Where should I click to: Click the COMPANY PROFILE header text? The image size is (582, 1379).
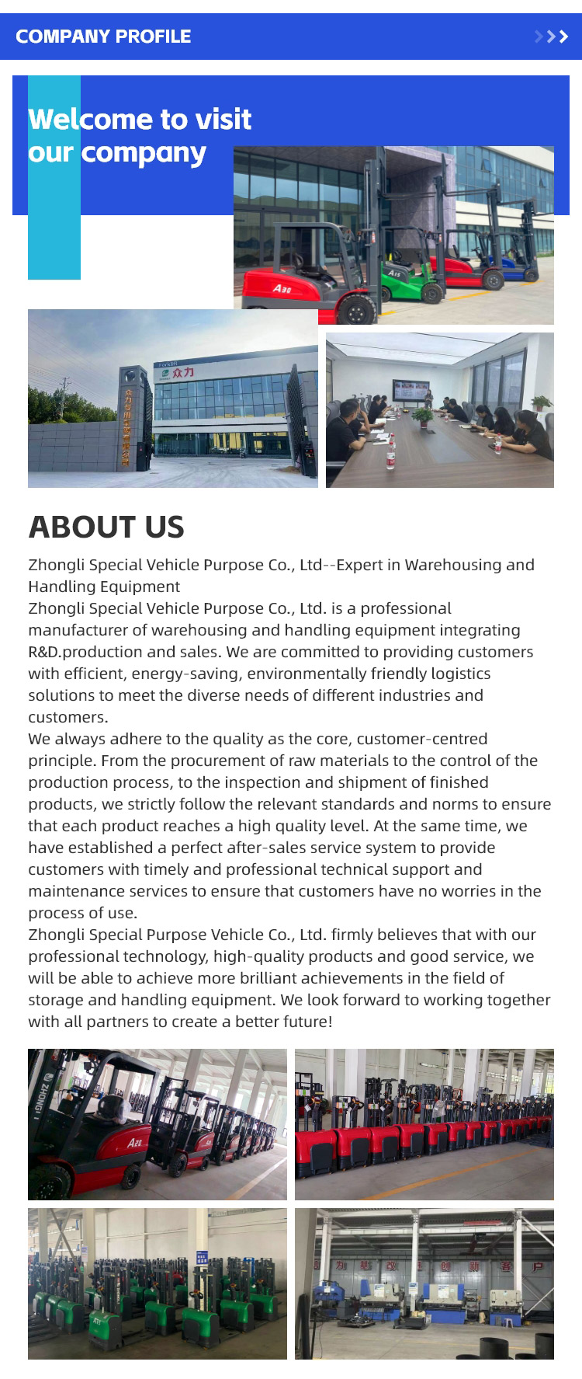[x=103, y=37]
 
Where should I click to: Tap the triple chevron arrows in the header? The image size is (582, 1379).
[x=552, y=37]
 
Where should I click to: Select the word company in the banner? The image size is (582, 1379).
[x=144, y=154]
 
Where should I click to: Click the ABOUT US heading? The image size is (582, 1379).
[x=106, y=527]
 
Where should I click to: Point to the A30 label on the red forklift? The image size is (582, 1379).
[x=282, y=288]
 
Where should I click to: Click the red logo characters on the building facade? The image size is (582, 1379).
[x=183, y=373]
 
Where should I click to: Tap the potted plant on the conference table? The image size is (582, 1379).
[x=422, y=416]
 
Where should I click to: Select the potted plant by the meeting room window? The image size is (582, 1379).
[x=542, y=402]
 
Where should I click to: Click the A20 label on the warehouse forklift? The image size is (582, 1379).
[x=135, y=1143]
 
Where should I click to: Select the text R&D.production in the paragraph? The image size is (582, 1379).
[x=85, y=652]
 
